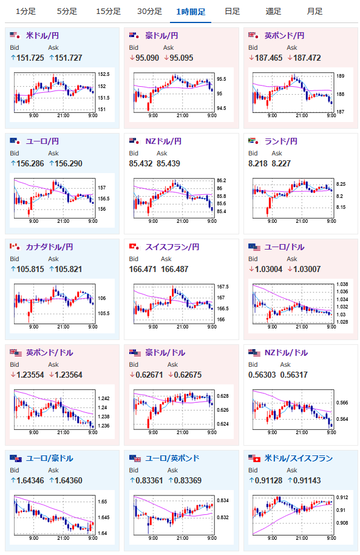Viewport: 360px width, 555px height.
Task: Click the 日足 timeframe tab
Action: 233,12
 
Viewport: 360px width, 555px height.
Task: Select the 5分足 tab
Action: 67,12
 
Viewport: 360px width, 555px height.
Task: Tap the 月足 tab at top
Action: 314,12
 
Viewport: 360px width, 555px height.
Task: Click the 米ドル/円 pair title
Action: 42,36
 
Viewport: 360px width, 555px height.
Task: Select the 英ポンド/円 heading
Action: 284,36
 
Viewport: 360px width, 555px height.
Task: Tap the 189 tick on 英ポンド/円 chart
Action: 340,76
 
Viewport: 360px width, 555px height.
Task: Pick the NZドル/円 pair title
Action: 163,141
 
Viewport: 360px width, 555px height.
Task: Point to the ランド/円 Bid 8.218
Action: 257,163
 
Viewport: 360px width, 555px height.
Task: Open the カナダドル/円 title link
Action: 50,247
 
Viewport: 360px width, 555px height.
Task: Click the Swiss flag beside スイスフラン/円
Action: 134,247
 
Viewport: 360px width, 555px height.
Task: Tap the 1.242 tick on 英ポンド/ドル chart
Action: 104,398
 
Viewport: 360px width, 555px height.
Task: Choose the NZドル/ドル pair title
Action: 286,353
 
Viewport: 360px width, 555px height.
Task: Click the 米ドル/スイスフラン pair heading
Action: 299,458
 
